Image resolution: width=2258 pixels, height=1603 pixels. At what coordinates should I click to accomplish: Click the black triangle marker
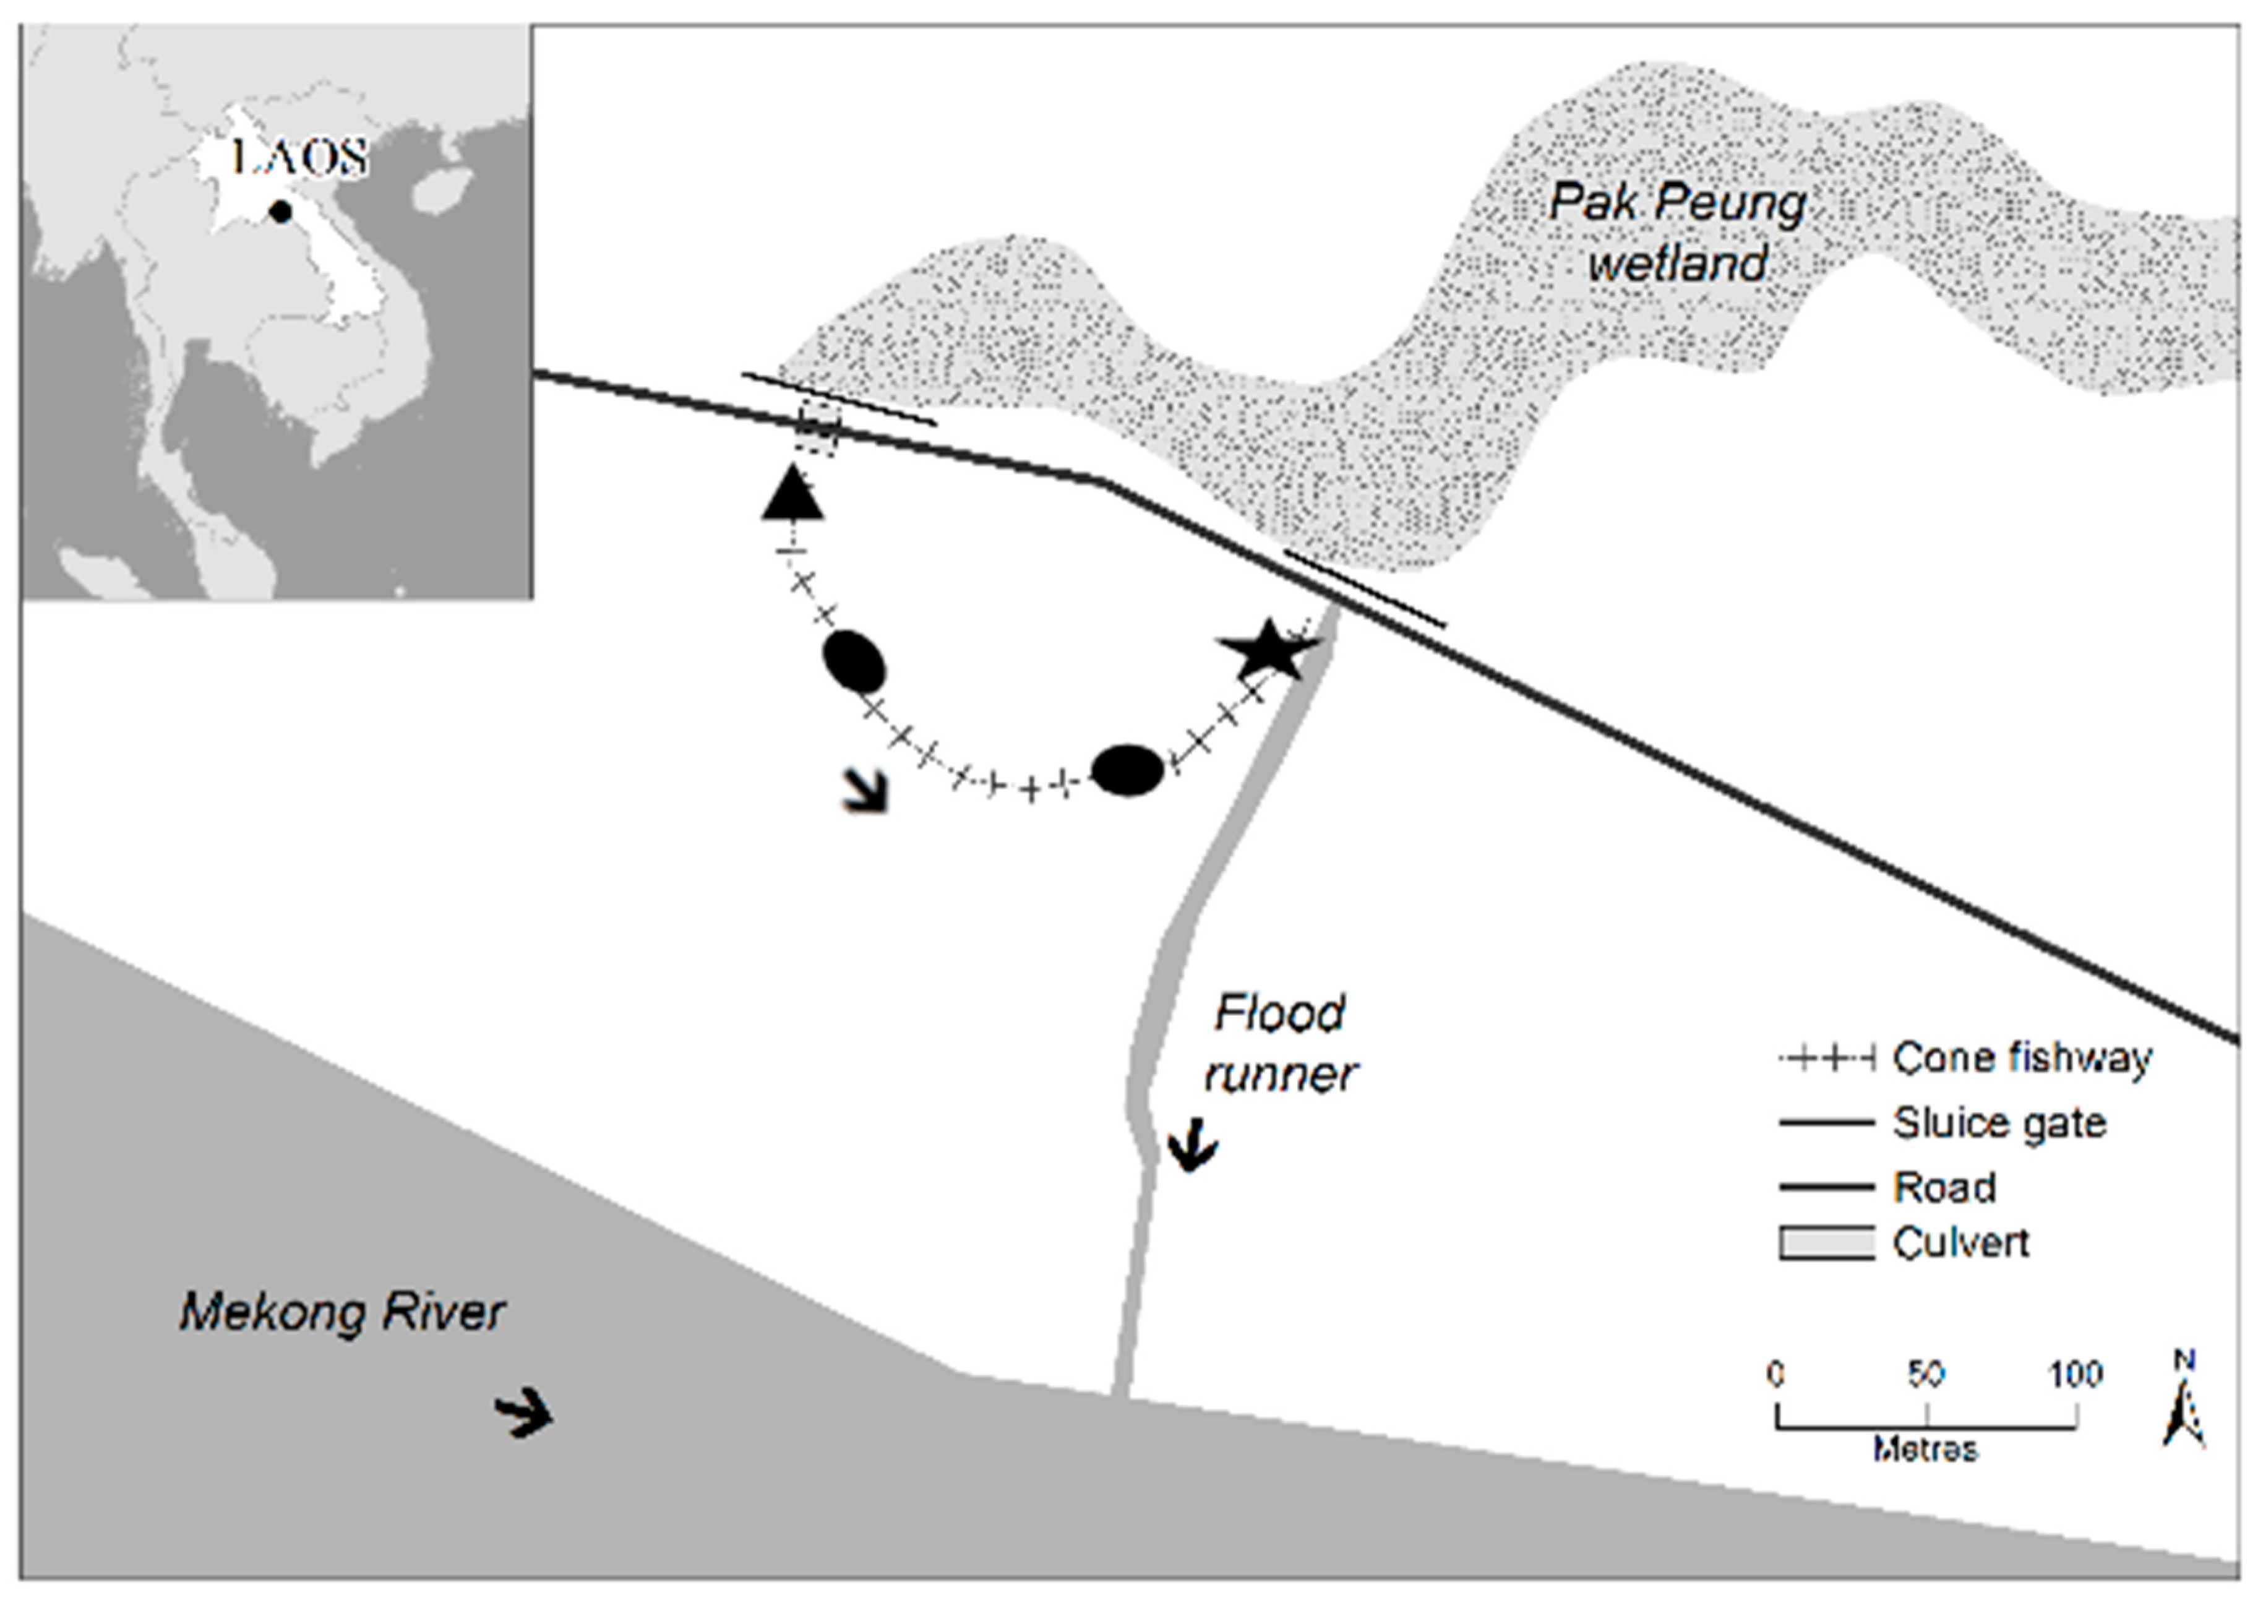tap(792, 494)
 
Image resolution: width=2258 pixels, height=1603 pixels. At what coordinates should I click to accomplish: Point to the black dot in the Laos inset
tap(282, 211)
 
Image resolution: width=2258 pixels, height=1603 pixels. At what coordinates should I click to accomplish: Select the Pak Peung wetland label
tap(1678, 233)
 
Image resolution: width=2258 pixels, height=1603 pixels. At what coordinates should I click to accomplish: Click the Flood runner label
tap(1280, 1042)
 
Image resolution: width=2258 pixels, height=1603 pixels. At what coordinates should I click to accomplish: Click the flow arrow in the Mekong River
tap(523, 1414)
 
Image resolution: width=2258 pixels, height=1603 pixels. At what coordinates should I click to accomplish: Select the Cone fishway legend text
tap(2021, 1058)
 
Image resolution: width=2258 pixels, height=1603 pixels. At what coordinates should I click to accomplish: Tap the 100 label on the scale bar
tap(2076, 1374)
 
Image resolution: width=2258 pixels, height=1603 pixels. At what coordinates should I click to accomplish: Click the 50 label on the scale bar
tap(1925, 1374)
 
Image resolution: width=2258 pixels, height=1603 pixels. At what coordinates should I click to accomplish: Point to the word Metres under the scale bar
tap(1925, 1449)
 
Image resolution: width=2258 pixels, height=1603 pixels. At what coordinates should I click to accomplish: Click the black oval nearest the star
tap(1128, 769)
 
